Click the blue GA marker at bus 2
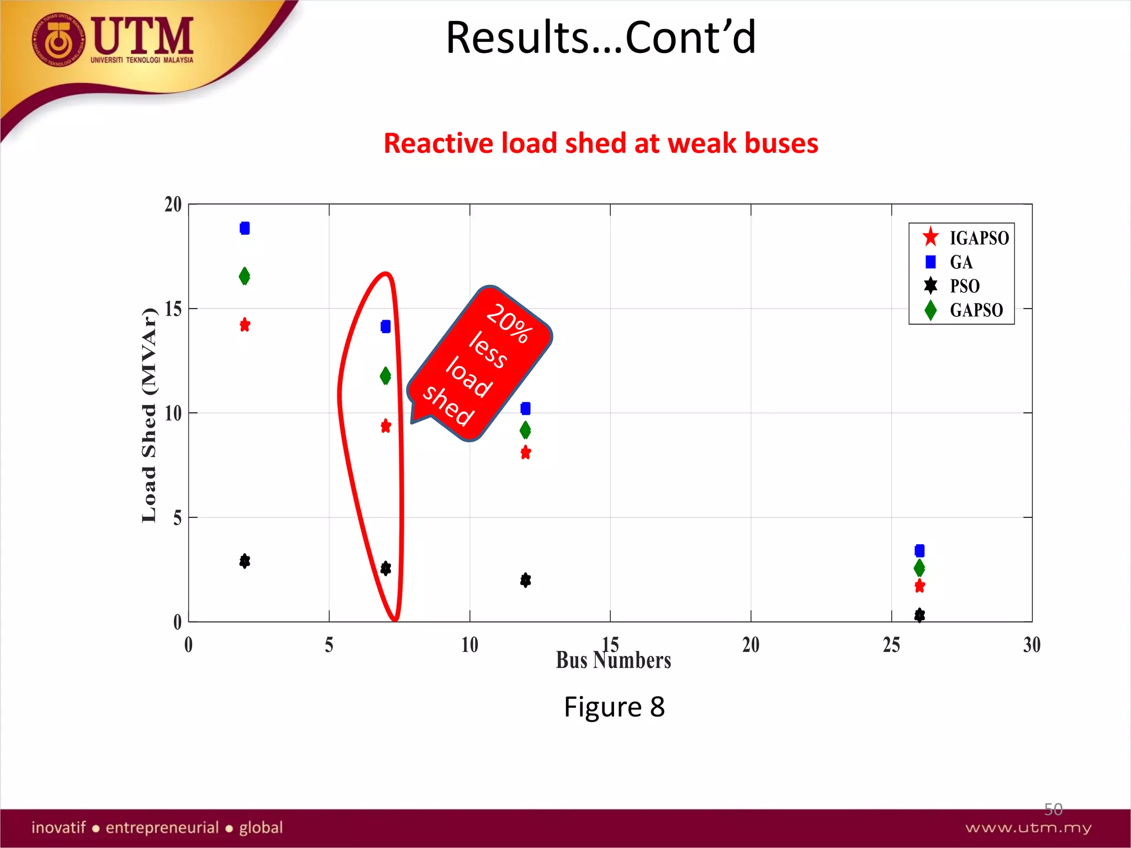pyautogui.click(x=245, y=228)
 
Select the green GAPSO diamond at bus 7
pyautogui.click(x=385, y=376)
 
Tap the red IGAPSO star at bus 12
pyautogui.click(x=526, y=453)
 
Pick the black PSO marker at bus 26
pyautogui.click(x=919, y=614)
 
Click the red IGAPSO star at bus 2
pyautogui.click(x=245, y=325)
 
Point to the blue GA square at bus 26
pyautogui.click(x=919, y=550)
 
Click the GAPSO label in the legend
pyautogui.click(x=976, y=310)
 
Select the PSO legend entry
pyautogui.click(x=964, y=286)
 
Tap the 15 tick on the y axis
pyautogui.click(x=173, y=309)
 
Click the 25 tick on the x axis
pyautogui.click(x=891, y=645)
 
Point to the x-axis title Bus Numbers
pyautogui.click(x=613, y=660)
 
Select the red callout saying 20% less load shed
pyautogui.click(x=479, y=364)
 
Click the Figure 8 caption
pyautogui.click(x=614, y=707)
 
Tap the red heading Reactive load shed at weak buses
pyautogui.click(x=601, y=144)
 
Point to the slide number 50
pyautogui.click(x=1053, y=809)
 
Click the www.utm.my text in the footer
pyautogui.click(x=1028, y=828)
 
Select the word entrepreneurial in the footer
pyautogui.click(x=162, y=828)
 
